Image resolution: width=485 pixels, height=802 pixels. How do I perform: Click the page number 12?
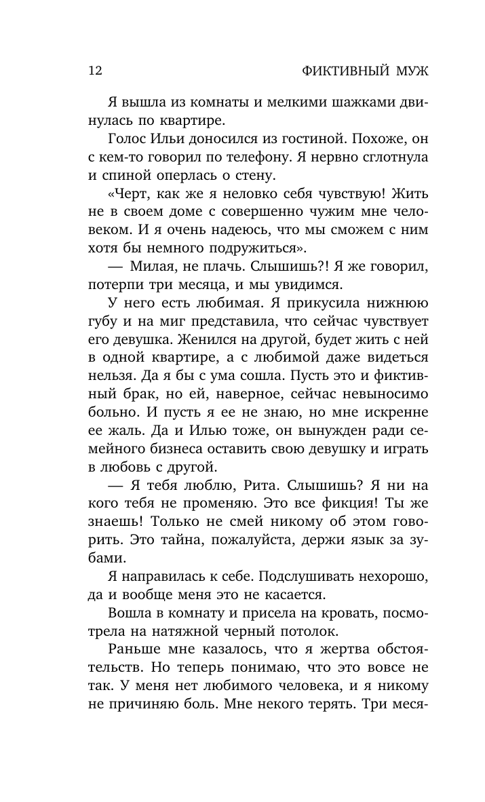point(95,71)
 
